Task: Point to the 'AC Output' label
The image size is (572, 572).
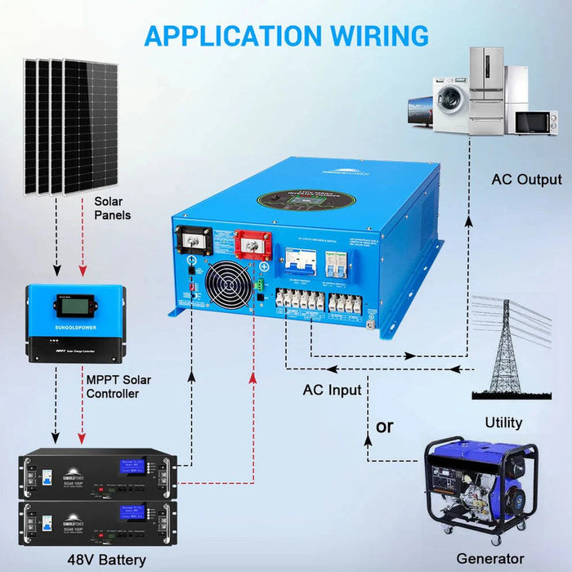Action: point(526,179)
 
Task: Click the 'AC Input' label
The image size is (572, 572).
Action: point(332,390)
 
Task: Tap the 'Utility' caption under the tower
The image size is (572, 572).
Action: point(503,422)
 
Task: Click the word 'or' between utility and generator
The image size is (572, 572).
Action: point(384,427)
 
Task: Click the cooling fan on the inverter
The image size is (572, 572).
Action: point(225,286)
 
